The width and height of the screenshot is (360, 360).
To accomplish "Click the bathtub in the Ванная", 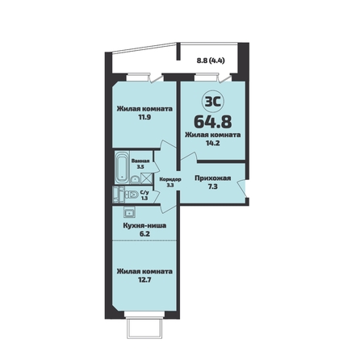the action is pyautogui.click(x=122, y=168).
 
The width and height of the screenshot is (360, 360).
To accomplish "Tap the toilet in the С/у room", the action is pyautogui.click(x=132, y=195).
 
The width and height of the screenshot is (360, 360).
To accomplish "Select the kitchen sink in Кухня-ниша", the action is pyautogui.click(x=129, y=211).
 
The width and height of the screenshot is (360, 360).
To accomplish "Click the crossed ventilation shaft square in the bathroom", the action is pyautogui.click(x=146, y=178).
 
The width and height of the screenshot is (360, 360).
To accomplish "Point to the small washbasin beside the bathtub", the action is pyautogui.click(x=135, y=179).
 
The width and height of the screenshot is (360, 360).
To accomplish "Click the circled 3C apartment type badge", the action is pyautogui.click(x=213, y=102).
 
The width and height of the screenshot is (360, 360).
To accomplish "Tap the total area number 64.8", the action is pyautogui.click(x=212, y=122).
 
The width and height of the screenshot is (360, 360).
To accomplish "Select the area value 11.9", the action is pyautogui.click(x=144, y=117).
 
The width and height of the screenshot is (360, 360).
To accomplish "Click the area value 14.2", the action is pyautogui.click(x=212, y=143).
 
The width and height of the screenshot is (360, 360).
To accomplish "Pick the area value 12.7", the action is pyautogui.click(x=144, y=279).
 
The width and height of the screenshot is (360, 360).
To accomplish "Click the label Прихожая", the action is pyautogui.click(x=213, y=178).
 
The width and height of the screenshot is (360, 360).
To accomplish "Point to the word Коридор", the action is pyautogui.click(x=170, y=179).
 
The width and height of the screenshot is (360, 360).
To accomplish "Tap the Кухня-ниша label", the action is pyautogui.click(x=144, y=225).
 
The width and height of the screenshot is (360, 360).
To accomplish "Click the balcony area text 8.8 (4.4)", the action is pyautogui.click(x=211, y=61).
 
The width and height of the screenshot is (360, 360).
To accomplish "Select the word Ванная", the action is pyautogui.click(x=140, y=161).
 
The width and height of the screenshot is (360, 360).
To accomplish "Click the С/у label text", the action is pyautogui.click(x=144, y=192).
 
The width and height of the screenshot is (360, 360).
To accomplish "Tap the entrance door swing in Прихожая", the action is pyautogui.click(x=242, y=188).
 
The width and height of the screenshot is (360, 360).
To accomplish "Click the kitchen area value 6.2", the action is pyautogui.click(x=144, y=234).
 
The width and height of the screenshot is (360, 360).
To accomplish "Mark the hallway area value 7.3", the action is pyautogui.click(x=212, y=186).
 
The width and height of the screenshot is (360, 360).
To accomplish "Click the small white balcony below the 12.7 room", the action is pyautogui.click(x=144, y=328).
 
